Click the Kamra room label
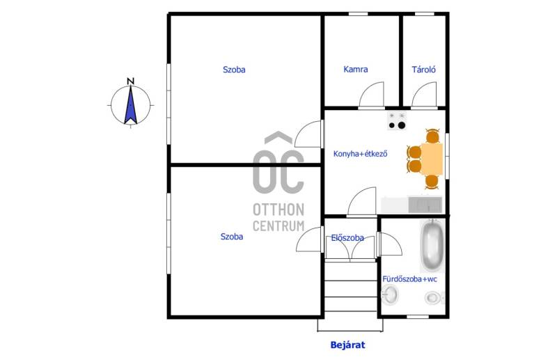(x=356, y=70)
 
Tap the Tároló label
(x=424, y=70)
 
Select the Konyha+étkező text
(x=360, y=154)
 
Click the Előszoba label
(x=347, y=237)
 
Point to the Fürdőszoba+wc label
(x=409, y=279)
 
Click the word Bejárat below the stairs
(x=347, y=345)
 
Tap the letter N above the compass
(x=131, y=81)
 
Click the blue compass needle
(x=131, y=105)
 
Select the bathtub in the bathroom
(x=432, y=246)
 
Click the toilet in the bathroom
(x=434, y=297)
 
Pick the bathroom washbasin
(x=390, y=295)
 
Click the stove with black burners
(x=397, y=121)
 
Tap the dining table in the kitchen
(x=432, y=159)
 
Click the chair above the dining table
(x=432, y=136)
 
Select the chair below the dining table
(x=432, y=182)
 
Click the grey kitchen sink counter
(x=425, y=205)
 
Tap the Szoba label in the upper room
(x=234, y=70)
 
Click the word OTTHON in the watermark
(x=278, y=210)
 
